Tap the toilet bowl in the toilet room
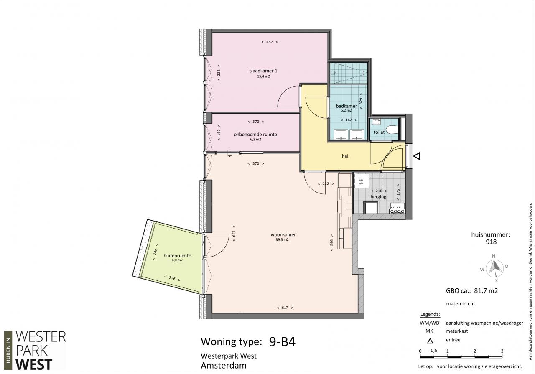[392, 130]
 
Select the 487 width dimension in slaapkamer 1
[270, 42]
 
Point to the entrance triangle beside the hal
[417, 156]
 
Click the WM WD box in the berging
[361, 182]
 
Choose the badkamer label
[346, 106]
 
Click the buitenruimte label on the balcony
[177, 256]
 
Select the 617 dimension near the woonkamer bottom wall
[285, 308]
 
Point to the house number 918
[491, 242]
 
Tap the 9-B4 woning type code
[282, 342]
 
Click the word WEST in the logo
[34, 365]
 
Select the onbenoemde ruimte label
[255, 135]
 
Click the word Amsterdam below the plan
[224, 366]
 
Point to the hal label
[345, 156]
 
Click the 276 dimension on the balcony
[172, 278]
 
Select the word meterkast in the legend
[457, 331]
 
